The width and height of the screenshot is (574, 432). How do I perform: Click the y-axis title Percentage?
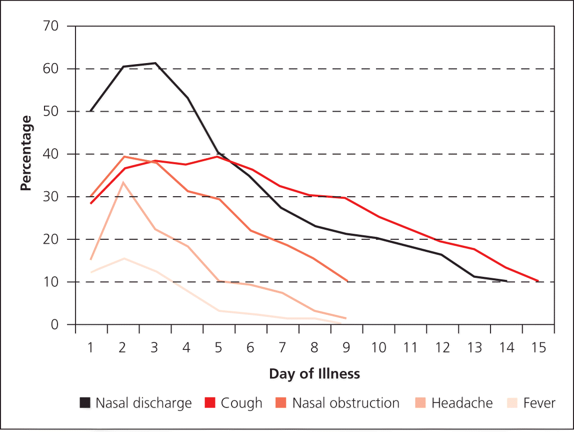pos(26,153)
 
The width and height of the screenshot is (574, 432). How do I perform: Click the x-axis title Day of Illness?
pos(314,374)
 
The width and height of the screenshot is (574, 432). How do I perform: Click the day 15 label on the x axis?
pos(538,348)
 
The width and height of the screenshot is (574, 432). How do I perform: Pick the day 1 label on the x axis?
pos(91,348)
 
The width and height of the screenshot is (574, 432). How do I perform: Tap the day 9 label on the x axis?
pos(346,348)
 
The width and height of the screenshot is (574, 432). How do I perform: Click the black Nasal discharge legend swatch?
pos(85,403)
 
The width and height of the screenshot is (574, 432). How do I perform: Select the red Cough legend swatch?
pos(210,403)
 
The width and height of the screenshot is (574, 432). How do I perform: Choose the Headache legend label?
pos(462,403)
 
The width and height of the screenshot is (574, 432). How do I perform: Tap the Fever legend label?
pos(539,403)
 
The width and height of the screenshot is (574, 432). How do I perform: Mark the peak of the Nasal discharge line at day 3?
pos(155,63)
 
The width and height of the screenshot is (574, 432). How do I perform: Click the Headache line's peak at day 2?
pos(123,182)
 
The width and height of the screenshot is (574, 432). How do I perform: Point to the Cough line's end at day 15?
pos(538,281)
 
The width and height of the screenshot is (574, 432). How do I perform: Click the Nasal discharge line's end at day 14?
pos(506,281)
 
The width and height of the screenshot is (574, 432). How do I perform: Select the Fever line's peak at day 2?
pos(123,258)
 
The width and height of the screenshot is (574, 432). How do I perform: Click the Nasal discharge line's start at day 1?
pos(91,111)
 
